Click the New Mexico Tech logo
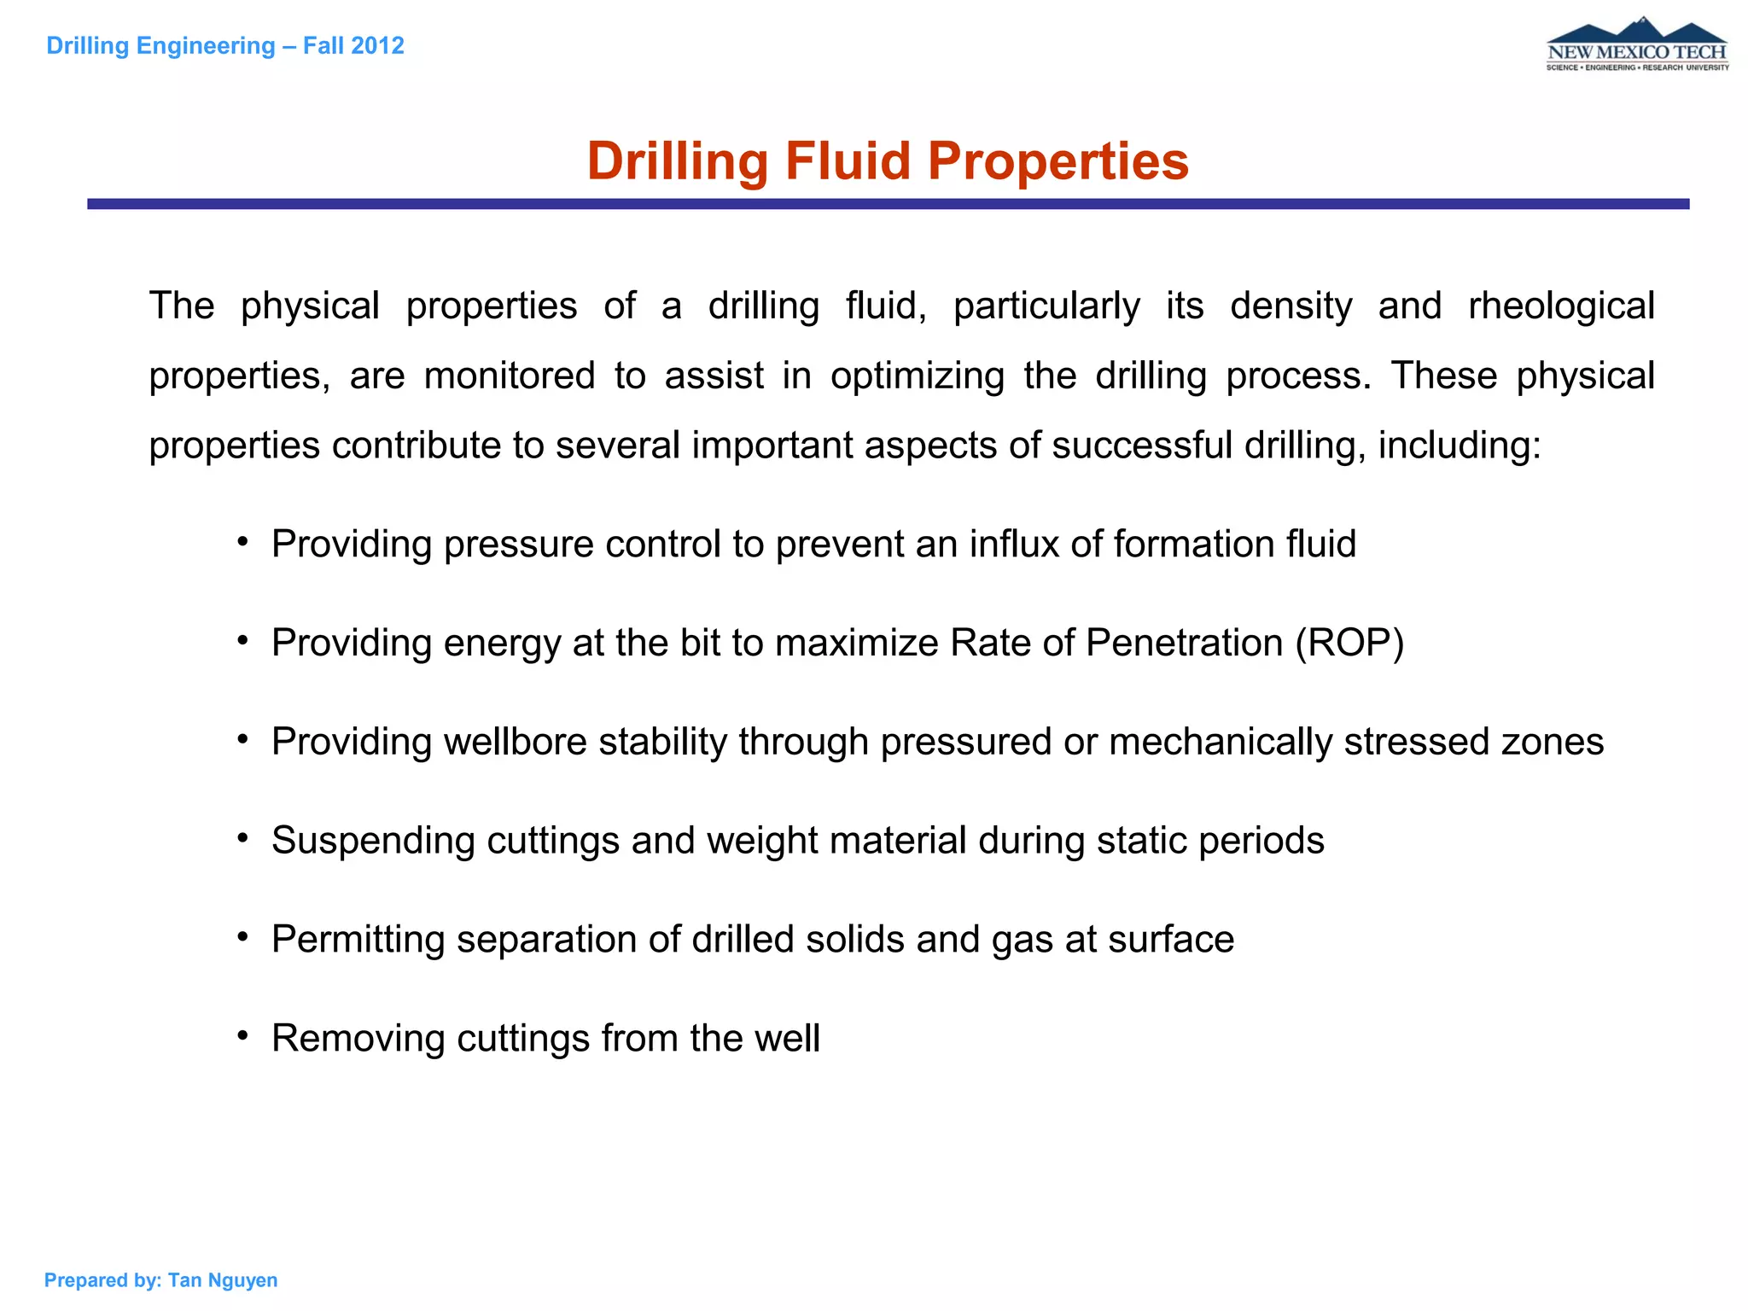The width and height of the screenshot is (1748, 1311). pyautogui.click(x=1637, y=45)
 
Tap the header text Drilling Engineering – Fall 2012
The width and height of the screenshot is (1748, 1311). pyautogui.click(x=225, y=45)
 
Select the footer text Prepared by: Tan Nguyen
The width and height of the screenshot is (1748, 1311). pyautogui.click(x=160, y=1279)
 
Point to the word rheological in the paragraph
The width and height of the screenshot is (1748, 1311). pyautogui.click(x=1561, y=306)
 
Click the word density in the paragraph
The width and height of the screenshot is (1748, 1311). pyautogui.click(x=1291, y=306)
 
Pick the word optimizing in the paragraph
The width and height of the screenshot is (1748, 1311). pyautogui.click(x=918, y=376)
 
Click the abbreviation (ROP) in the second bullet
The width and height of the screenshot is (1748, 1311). pyautogui.click(x=1349, y=643)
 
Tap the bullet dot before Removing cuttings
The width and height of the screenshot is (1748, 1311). pyautogui.click(x=243, y=1035)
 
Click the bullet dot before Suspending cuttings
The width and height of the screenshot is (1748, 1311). pyautogui.click(x=243, y=838)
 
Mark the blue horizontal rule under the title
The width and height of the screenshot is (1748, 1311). pyautogui.click(x=888, y=204)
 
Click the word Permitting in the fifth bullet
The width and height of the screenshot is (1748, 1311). pyautogui.click(x=358, y=939)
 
